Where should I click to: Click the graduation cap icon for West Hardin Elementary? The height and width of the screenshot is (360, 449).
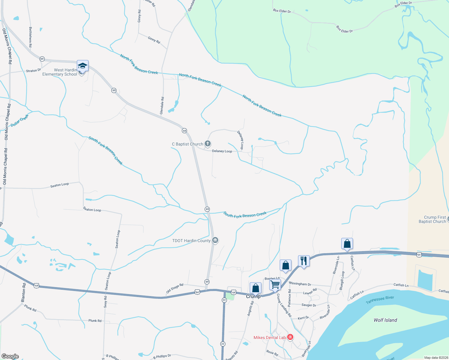pos(83,66)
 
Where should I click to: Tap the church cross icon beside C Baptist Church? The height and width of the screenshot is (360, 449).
pos(207,144)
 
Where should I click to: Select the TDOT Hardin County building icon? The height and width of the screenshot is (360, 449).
pos(215,240)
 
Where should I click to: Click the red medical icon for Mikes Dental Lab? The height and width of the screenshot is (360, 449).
pos(290,337)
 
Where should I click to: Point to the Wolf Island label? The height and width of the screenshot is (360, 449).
pos(385,320)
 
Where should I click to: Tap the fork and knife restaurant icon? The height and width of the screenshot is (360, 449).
pos(304,261)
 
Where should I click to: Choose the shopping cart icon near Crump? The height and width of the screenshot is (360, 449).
pos(275,284)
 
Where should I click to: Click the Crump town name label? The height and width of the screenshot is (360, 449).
pos(253,296)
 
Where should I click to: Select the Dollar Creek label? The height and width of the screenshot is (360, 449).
pos(20,120)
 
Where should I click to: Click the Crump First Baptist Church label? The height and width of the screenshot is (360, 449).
pos(432,219)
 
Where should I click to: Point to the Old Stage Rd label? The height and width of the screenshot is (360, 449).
pos(175,288)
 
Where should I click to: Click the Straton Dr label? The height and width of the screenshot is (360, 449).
pos(33,70)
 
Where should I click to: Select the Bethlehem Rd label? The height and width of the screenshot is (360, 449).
pos(30,37)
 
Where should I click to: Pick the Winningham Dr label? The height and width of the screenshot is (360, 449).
pos(300,283)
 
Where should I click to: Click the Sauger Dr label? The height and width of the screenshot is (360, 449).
pos(309,305)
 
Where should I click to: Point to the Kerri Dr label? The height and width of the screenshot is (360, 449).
pos(303,318)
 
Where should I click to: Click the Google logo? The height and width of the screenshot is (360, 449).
pos(10,356)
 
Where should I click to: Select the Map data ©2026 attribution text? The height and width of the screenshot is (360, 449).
pos(435,358)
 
